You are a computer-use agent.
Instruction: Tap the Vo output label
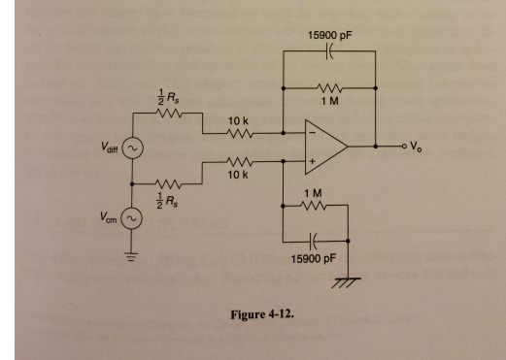coord(415,147)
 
